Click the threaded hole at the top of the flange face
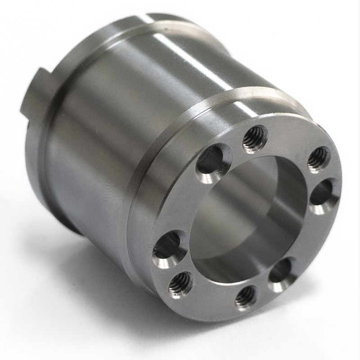coord(255,139)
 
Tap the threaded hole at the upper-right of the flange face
coord(319,158)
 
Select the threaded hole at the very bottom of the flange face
coord(246,297)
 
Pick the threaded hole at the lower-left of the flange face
coord(181,284)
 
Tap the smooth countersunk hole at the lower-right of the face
coord(282,274)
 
